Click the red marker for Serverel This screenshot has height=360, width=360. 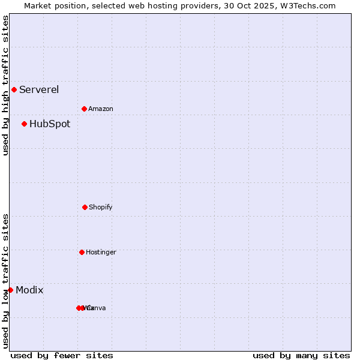(14, 90)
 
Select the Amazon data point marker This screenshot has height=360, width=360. (84, 109)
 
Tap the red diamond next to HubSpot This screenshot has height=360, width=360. (24, 124)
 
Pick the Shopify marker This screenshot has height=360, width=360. (85, 207)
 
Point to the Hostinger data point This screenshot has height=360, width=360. (82, 252)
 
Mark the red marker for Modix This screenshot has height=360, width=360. (10, 290)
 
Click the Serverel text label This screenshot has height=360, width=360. (39, 90)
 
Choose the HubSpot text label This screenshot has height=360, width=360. (50, 124)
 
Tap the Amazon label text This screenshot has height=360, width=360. (101, 109)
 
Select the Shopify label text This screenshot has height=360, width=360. (101, 207)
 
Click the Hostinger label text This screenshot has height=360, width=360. (101, 252)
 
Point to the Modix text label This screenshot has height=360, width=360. (29, 290)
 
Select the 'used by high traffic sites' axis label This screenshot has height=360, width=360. (5, 85)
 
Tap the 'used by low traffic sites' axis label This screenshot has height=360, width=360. (5, 281)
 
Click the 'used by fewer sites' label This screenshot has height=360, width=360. (62, 356)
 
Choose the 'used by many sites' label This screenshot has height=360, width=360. (301, 356)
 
